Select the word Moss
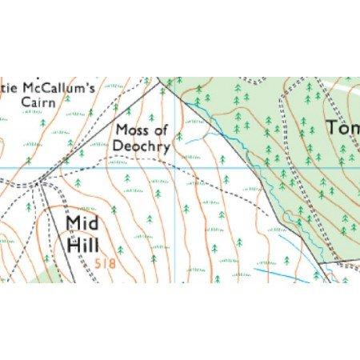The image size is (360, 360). [x=130, y=130]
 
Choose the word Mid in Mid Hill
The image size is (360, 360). [x=84, y=222]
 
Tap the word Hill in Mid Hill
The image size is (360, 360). [x=83, y=246]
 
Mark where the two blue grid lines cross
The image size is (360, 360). [x=175, y=168]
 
